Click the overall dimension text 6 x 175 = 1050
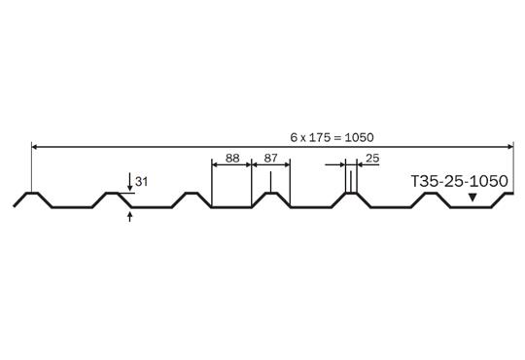tap(332, 137)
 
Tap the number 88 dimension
tap(232, 158)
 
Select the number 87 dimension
tap(271, 158)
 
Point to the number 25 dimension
tap(372, 158)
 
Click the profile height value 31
tap(141, 182)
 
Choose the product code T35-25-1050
tap(459, 181)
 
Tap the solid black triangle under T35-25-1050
tap(472, 198)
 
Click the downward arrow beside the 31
tap(130, 182)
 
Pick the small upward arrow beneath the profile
tap(130, 217)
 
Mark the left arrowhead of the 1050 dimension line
tap(34, 147)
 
